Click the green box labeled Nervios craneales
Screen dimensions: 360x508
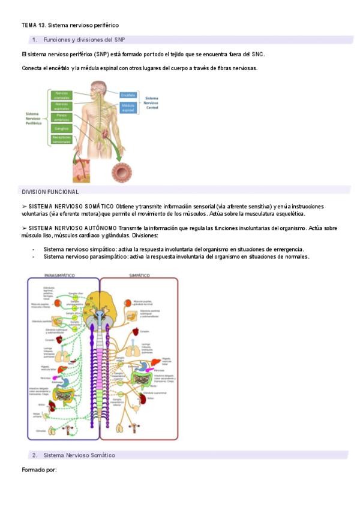(x=62, y=95)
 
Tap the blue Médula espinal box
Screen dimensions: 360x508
(x=128, y=108)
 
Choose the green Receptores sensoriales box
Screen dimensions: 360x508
(x=62, y=139)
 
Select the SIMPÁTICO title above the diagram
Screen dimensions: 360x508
(x=140, y=275)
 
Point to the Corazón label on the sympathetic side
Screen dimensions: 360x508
(x=145, y=331)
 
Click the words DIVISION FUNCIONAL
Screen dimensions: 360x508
(x=50, y=192)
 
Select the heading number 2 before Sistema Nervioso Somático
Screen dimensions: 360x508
(x=34, y=455)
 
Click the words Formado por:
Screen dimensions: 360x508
(x=39, y=470)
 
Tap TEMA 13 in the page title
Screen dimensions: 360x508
(x=33, y=25)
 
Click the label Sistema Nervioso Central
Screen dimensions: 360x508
(x=152, y=102)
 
